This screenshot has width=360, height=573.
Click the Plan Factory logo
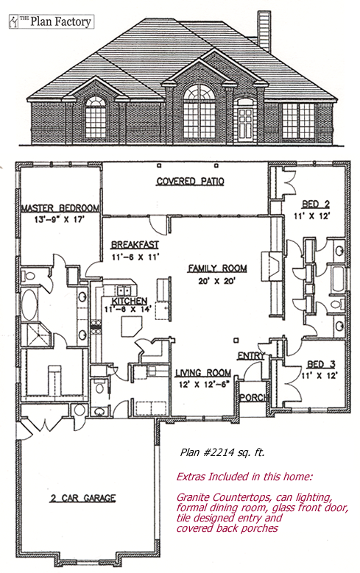pos(52,21)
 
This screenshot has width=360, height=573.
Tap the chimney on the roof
pos(264,31)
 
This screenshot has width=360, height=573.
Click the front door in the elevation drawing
pos(244,125)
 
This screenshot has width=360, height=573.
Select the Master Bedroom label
pos(60,208)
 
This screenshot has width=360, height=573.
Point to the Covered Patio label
pos(190,181)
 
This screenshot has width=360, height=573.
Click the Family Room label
pos(217,268)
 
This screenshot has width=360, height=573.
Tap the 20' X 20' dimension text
pos(218,282)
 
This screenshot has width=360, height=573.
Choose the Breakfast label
pos(135,244)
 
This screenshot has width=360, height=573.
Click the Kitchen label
pos(129,301)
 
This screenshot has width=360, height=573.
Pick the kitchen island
pos(131,327)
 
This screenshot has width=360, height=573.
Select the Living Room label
pos(203,373)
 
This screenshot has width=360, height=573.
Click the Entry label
pos(251,356)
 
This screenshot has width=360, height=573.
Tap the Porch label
pos(254,397)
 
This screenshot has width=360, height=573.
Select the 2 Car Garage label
pos(82,498)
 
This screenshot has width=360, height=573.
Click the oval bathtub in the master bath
pos(29,305)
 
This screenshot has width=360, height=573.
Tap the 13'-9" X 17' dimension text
pos(60,220)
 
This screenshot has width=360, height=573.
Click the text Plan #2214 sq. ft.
pos(222,453)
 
